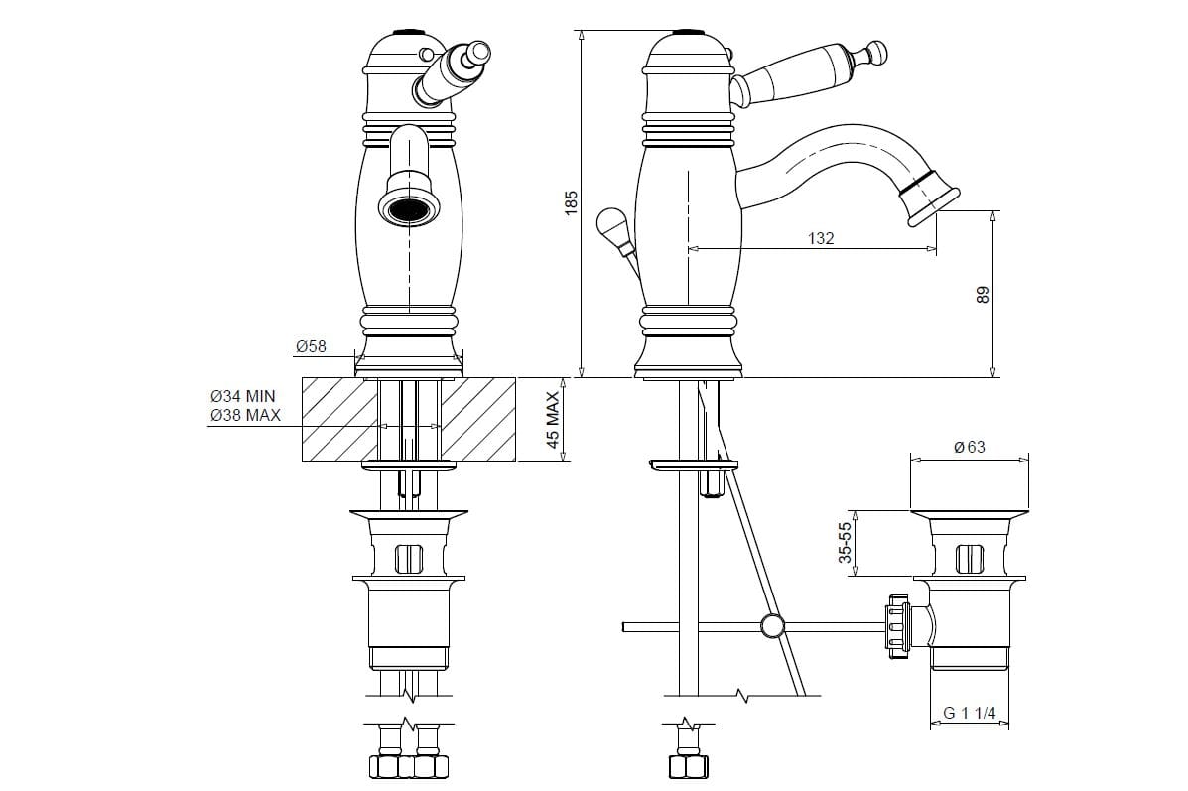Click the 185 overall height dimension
(x=572, y=202)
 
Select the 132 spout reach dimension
(x=821, y=238)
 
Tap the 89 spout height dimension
(x=983, y=294)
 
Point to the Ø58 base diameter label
(x=311, y=347)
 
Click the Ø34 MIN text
(x=242, y=396)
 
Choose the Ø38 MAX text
(x=245, y=415)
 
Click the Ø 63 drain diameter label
(x=969, y=447)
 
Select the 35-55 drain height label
(x=845, y=543)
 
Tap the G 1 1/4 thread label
(x=969, y=713)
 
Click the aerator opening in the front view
(x=408, y=207)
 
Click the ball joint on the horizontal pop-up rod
(x=772, y=626)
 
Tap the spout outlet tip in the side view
(x=928, y=200)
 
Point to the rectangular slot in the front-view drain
(x=409, y=559)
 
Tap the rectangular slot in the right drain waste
(x=969, y=559)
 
